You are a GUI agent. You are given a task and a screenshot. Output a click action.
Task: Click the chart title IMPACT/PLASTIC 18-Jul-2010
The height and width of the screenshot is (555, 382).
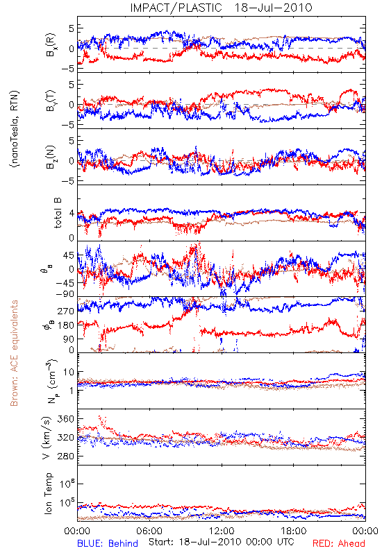(221, 8)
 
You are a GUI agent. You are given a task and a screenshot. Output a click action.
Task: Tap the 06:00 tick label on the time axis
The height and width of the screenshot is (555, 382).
(149, 531)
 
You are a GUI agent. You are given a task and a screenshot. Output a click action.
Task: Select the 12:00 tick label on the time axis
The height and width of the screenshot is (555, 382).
(222, 531)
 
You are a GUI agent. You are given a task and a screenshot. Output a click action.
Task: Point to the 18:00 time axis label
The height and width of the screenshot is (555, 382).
(294, 531)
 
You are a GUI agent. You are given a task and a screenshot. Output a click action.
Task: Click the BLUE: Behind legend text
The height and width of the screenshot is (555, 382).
(108, 544)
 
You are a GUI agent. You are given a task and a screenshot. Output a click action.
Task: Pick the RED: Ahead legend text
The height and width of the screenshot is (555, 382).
(339, 544)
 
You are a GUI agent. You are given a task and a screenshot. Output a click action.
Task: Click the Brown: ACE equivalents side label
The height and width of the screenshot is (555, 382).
(14, 353)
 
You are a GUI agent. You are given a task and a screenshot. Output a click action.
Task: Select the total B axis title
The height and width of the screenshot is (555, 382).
(58, 213)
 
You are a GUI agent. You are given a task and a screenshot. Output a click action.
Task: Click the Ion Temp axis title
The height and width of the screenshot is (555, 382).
(48, 493)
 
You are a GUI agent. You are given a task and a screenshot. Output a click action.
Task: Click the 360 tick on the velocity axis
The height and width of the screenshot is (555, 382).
(65, 419)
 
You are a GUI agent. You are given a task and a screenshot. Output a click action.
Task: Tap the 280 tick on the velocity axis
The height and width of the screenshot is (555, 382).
(65, 456)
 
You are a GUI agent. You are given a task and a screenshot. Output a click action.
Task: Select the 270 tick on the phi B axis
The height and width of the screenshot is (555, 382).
(66, 311)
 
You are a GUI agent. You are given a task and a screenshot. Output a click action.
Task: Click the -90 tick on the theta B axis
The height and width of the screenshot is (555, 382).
(64, 294)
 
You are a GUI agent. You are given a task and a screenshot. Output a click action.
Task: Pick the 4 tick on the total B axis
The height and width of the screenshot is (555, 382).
(72, 213)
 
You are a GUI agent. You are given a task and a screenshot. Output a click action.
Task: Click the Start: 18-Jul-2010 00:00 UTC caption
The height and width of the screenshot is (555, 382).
(222, 542)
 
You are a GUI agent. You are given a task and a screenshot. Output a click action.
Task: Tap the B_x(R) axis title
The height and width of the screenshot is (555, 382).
(51, 44)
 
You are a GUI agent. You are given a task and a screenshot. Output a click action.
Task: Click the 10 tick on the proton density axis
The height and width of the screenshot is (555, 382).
(69, 372)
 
